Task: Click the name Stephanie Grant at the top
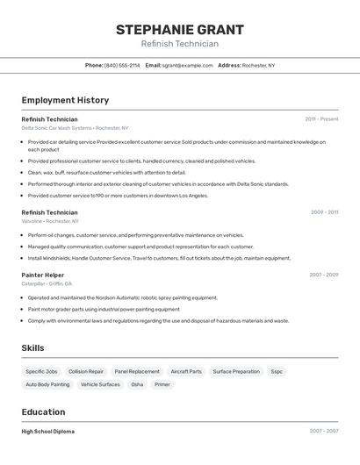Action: coord(179,30)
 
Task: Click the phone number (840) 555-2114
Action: coord(122,65)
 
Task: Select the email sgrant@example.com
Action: coord(186,65)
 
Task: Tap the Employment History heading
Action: coord(65,100)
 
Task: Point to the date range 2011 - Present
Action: coord(321,118)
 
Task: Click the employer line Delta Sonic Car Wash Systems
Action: coord(75,128)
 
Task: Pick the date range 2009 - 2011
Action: coord(324,211)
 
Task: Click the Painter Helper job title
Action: coord(42,275)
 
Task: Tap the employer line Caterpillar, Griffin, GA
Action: coord(47,284)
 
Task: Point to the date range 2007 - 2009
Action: coord(323,275)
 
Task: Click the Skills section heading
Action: coord(32,348)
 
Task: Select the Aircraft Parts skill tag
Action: coord(186,371)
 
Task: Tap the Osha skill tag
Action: coord(137,384)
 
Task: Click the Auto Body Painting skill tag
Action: coord(47,384)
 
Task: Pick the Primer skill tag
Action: coord(162,384)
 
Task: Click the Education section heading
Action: coord(43,411)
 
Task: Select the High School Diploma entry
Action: coord(47,432)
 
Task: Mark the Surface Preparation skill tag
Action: coord(236,371)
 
